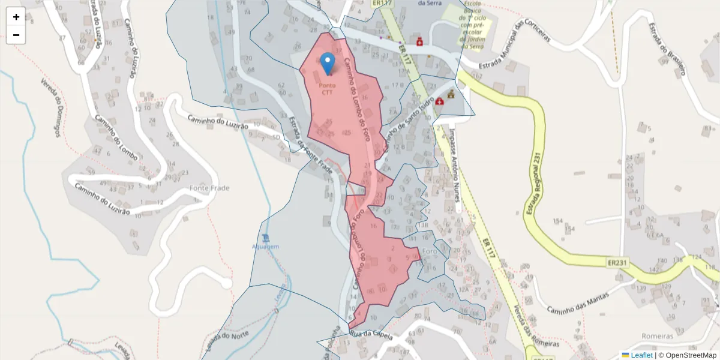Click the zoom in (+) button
(x=16, y=17)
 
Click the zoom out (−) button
(x=16, y=35)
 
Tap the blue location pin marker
(x=328, y=63)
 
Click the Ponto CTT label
(x=327, y=89)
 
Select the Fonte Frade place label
(x=209, y=188)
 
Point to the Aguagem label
(x=265, y=247)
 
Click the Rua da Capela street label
(x=370, y=334)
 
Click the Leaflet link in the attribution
(x=641, y=355)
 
